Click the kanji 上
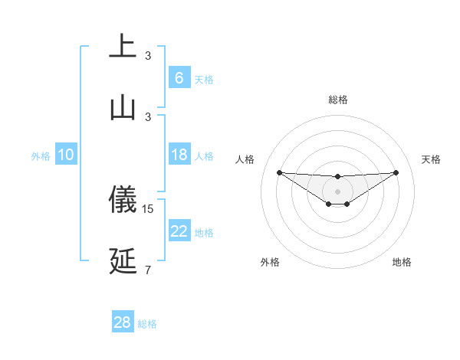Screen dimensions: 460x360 pos(123,46)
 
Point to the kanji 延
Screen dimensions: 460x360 pos(123,261)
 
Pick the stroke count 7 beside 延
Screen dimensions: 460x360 pos(147,269)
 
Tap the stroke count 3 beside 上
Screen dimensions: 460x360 pos(147,56)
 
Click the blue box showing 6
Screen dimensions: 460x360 pos(179,77)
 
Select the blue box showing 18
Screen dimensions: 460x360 pos(179,155)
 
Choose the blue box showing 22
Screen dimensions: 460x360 pos(179,231)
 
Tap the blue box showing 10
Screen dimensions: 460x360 pos(66,155)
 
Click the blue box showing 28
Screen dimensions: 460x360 pos(122,322)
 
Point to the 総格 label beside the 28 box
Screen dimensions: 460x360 pos(147,324)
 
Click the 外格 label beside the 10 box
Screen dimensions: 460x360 pos(41,156)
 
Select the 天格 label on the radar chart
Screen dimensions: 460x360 pos(432,159)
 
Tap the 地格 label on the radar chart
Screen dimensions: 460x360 pos(402,262)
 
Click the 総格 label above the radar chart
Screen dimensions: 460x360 pos(337,100)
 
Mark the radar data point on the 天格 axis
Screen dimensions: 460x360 pos(396,172)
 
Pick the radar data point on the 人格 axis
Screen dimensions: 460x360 pos(279,172)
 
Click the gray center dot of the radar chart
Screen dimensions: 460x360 pos(337,191)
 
